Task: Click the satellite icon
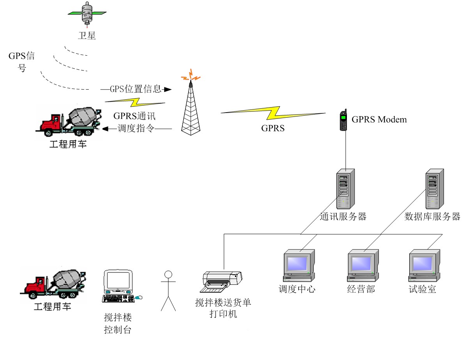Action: (86, 13)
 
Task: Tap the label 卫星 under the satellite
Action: (86, 36)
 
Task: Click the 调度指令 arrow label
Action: (136, 129)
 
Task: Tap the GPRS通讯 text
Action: (135, 116)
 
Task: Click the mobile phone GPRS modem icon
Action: (343, 120)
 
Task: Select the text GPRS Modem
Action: (379, 120)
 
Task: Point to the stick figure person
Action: (168, 290)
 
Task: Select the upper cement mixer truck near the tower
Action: (69, 121)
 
